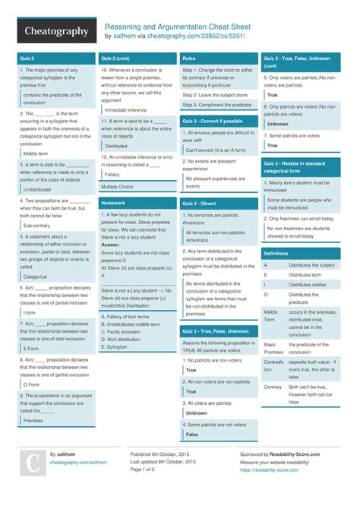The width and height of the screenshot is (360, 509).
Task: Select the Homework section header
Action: click(113, 203)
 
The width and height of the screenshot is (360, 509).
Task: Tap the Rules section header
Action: click(189, 58)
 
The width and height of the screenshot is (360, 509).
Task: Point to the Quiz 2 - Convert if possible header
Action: click(213, 121)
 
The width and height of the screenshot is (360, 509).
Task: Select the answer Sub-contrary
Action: click(38, 225)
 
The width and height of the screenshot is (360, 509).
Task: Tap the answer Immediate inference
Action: click(126, 109)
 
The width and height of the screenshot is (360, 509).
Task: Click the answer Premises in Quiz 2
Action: click(33, 419)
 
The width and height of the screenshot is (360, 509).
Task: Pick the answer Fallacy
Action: click(112, 174)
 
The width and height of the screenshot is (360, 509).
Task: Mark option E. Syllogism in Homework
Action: click(115, 346)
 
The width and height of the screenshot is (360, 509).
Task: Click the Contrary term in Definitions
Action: click(273, 387)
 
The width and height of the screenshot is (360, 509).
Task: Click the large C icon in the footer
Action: click(33, 463)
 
